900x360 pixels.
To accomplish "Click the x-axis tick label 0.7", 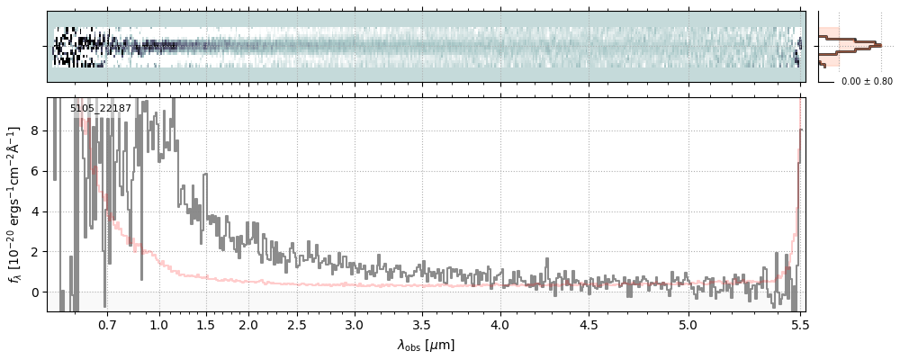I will [107, 324].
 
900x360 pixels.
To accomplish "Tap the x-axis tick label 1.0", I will [159, 324].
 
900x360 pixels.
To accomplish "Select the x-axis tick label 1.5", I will [205, 324].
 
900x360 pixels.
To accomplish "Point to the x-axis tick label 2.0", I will [248, 324].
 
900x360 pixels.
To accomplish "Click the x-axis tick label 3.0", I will [355, 324].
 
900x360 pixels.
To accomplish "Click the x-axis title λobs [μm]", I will [426, 345].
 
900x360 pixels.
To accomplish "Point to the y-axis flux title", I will [14, 204].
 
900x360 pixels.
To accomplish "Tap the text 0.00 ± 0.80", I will [867, 81].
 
